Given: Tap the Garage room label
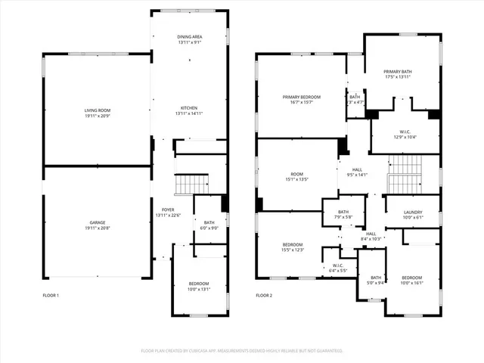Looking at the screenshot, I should click(x=97, y=223).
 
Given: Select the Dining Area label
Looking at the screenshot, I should click(x=189, y=36).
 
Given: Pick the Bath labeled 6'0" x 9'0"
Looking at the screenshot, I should click(x=208, y=224).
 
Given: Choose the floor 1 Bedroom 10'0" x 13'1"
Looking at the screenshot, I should click(x=200, y=284).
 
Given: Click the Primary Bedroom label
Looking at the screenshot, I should click(x=302, y=98).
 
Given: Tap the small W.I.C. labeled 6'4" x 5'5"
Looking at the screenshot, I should click(x=338, y=265).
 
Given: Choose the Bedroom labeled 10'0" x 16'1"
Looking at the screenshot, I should click(x=412, y=278).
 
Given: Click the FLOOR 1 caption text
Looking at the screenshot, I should click(x=50, y=295).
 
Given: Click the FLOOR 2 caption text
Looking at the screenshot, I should click(x=263, y=295).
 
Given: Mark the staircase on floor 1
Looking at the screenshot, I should click(x=191, y=184).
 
